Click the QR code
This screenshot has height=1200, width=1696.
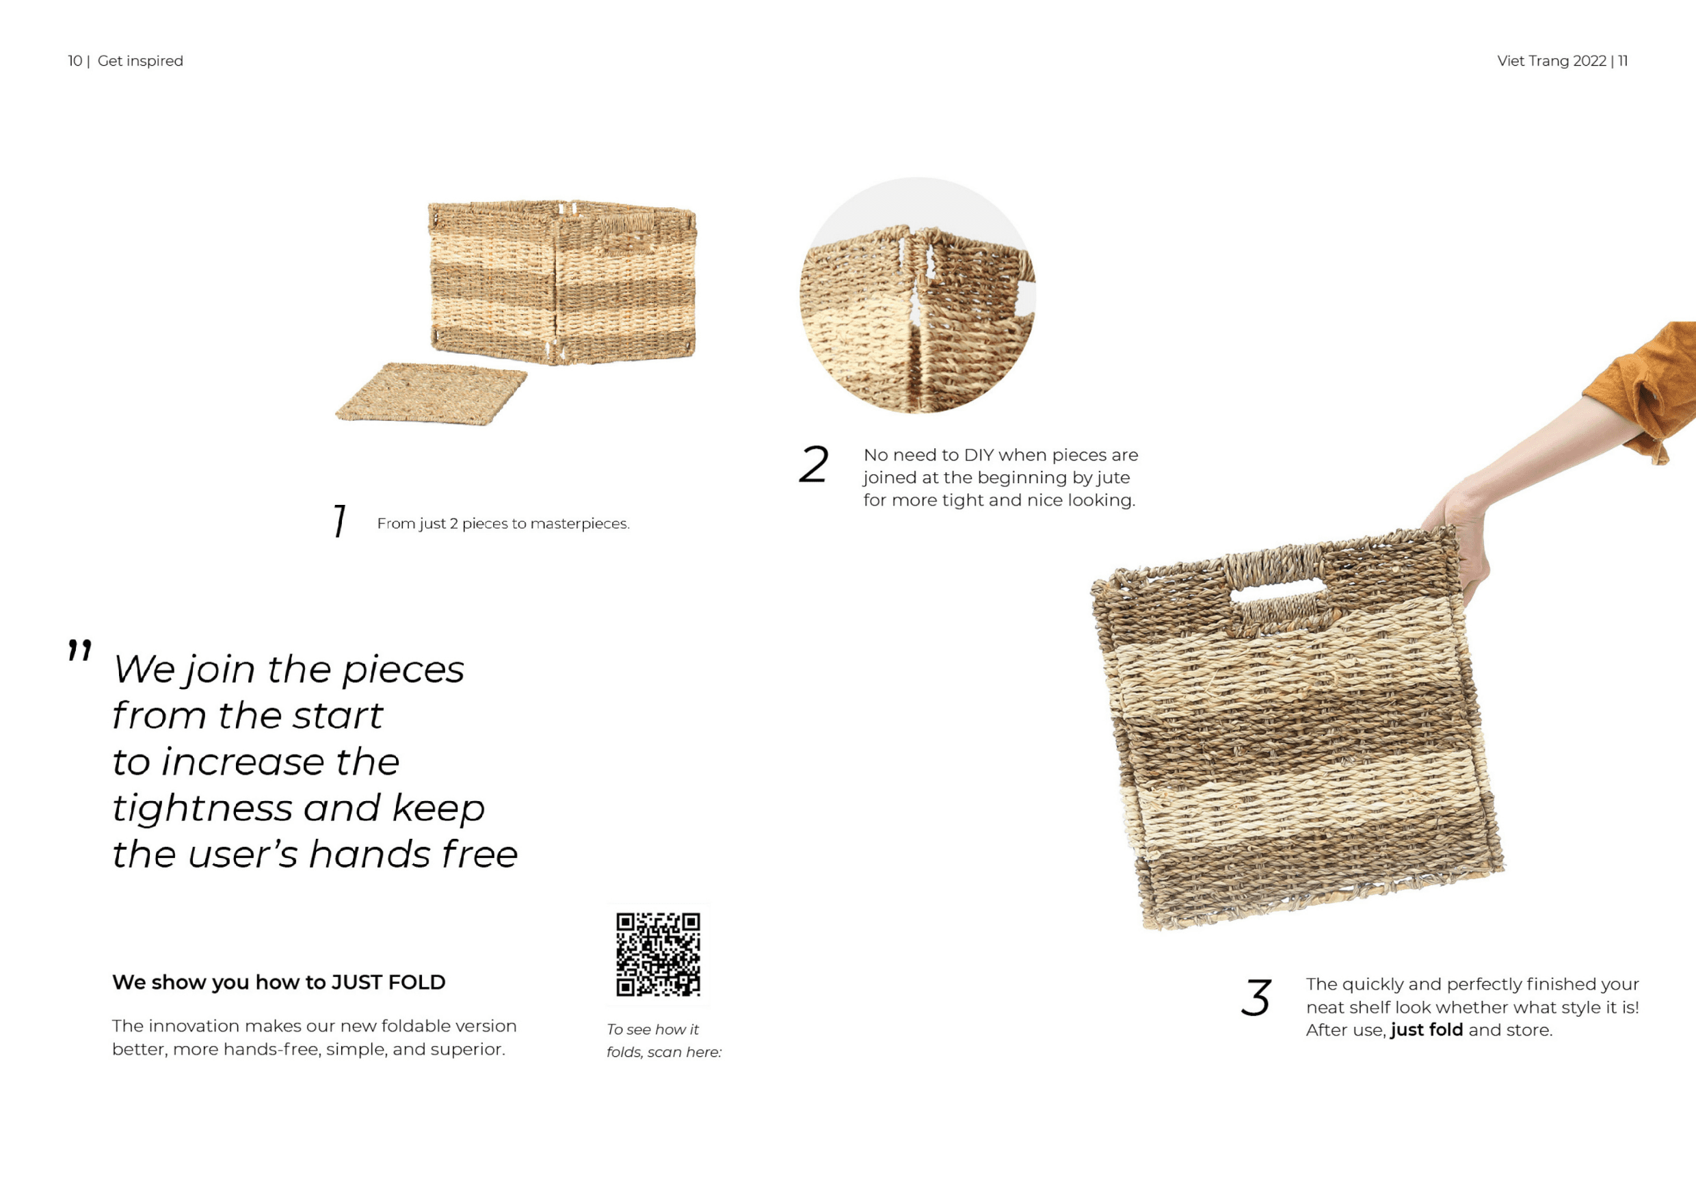click(658, 954)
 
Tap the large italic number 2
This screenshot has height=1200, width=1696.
click(814, 465)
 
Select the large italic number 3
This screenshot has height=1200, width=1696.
click(1256, 997)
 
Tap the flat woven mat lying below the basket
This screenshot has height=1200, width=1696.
click(432, 394)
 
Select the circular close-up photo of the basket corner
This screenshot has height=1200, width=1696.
click(918, 296)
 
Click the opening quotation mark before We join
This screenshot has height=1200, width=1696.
click(80, 651)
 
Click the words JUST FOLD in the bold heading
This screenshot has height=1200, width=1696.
click(388, 982)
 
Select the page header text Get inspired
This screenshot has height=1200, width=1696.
click(140, 62)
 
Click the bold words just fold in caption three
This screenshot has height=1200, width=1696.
click(1427, 1030)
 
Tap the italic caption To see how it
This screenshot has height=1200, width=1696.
click(652, 1030)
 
